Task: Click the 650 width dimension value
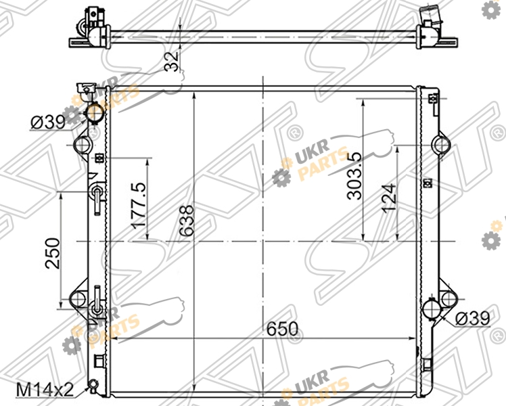(x=282, y=329)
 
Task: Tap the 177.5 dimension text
(x=139, y=206)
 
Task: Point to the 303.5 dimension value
(x=354, y=176)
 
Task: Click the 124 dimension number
(x=388, y=198)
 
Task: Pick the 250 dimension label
(x=53, y=253)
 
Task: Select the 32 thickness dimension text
(x=171, y=61)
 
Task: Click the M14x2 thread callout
(x=45, y=390)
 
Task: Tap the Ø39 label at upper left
(x=48, y=122)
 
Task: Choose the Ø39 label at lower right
(x=473, y=319)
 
